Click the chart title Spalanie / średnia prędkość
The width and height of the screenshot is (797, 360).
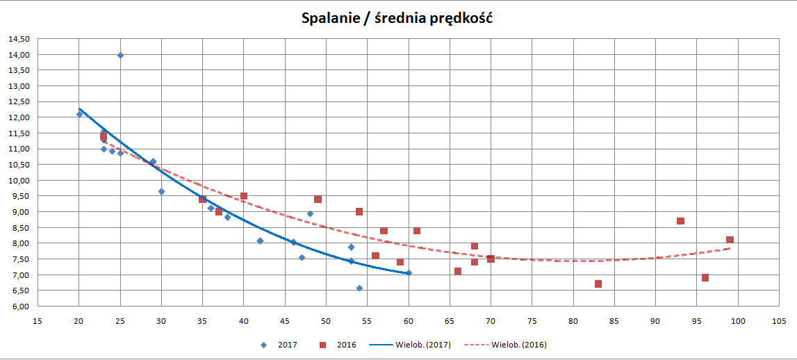[397, 19]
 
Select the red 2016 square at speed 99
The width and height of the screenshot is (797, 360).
[730, 240]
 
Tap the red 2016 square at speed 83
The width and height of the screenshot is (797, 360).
[598, 284]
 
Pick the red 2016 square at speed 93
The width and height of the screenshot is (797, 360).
[680, 221]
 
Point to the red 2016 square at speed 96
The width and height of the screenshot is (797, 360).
[705, 277]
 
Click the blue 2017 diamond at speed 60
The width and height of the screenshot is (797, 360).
[409, 273]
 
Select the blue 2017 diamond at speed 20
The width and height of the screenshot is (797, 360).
[79, 114]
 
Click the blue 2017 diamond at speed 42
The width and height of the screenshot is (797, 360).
[260, 241]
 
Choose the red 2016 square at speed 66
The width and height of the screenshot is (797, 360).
[458, 271]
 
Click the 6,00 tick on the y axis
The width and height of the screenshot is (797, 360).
[19, 306]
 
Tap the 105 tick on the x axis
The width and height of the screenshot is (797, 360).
[779, 320]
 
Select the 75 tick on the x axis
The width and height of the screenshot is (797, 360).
[532, 320]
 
